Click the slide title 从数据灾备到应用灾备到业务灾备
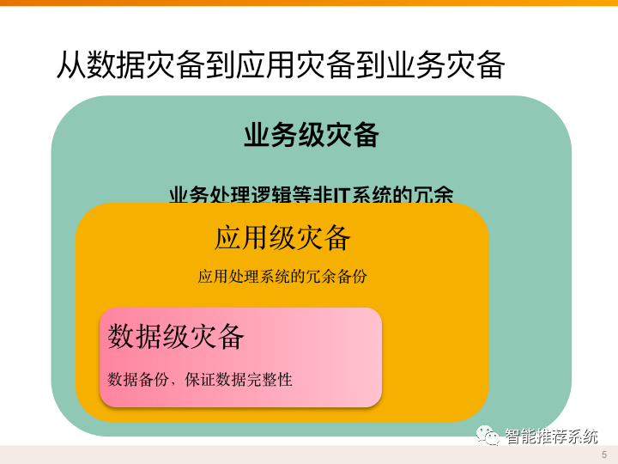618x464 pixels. coord(280,65)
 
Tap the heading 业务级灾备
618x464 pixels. coord(311,136)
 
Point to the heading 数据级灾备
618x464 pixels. coord(176,336)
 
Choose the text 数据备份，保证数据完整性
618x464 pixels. coord(200,379)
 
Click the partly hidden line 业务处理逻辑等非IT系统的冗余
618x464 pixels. coord(311,194)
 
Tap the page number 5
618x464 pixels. coord(604,454)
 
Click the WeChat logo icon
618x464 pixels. coord(489,436)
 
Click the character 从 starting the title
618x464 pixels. coord(71,65)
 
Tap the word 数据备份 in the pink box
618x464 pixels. coord(136,379)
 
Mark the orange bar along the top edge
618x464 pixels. coord(309,3)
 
